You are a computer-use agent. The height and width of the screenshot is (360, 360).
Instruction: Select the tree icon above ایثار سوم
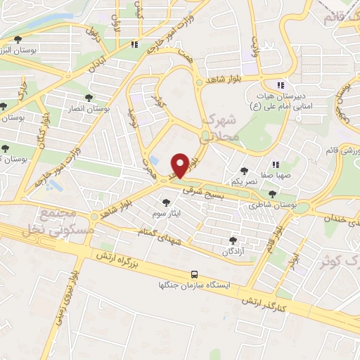(x=166, y=202)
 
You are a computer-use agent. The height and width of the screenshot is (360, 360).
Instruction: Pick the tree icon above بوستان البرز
(x=17, y=40)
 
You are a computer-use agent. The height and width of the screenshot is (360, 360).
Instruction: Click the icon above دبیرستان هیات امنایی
(x=281, y=85)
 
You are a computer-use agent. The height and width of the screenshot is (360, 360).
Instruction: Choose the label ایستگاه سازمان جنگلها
(x=195, y=287)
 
